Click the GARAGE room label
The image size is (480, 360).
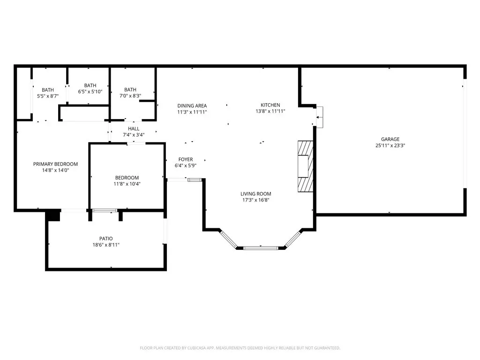tap(390, 139)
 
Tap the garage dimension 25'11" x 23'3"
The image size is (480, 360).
tap(390, 146)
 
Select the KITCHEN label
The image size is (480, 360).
tap(270, 105)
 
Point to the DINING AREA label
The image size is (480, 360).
tap(192, 106)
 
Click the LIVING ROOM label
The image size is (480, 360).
tap(255, 194)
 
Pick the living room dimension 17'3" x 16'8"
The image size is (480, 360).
tap(255, 200)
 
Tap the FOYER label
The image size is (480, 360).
tap(186, 159)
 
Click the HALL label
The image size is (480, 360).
tap(134, 129)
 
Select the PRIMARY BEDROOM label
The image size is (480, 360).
tap(55, 164)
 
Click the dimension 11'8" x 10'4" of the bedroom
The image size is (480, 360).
tap(127, 184)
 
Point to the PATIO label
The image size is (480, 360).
tap(106, 239)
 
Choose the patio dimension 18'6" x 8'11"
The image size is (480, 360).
tap(106, 245)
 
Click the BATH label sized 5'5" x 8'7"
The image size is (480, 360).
tap(48, 90)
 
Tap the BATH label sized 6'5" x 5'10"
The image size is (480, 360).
tap(90, 86)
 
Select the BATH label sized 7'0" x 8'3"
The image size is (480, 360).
tap(130, 90)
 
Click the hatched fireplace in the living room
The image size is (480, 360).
tap(306, 166)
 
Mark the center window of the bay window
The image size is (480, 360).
tap(261, 248)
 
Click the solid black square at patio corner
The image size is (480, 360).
tap(52, 216)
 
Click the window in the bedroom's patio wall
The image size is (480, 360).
tap(105, 210)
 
